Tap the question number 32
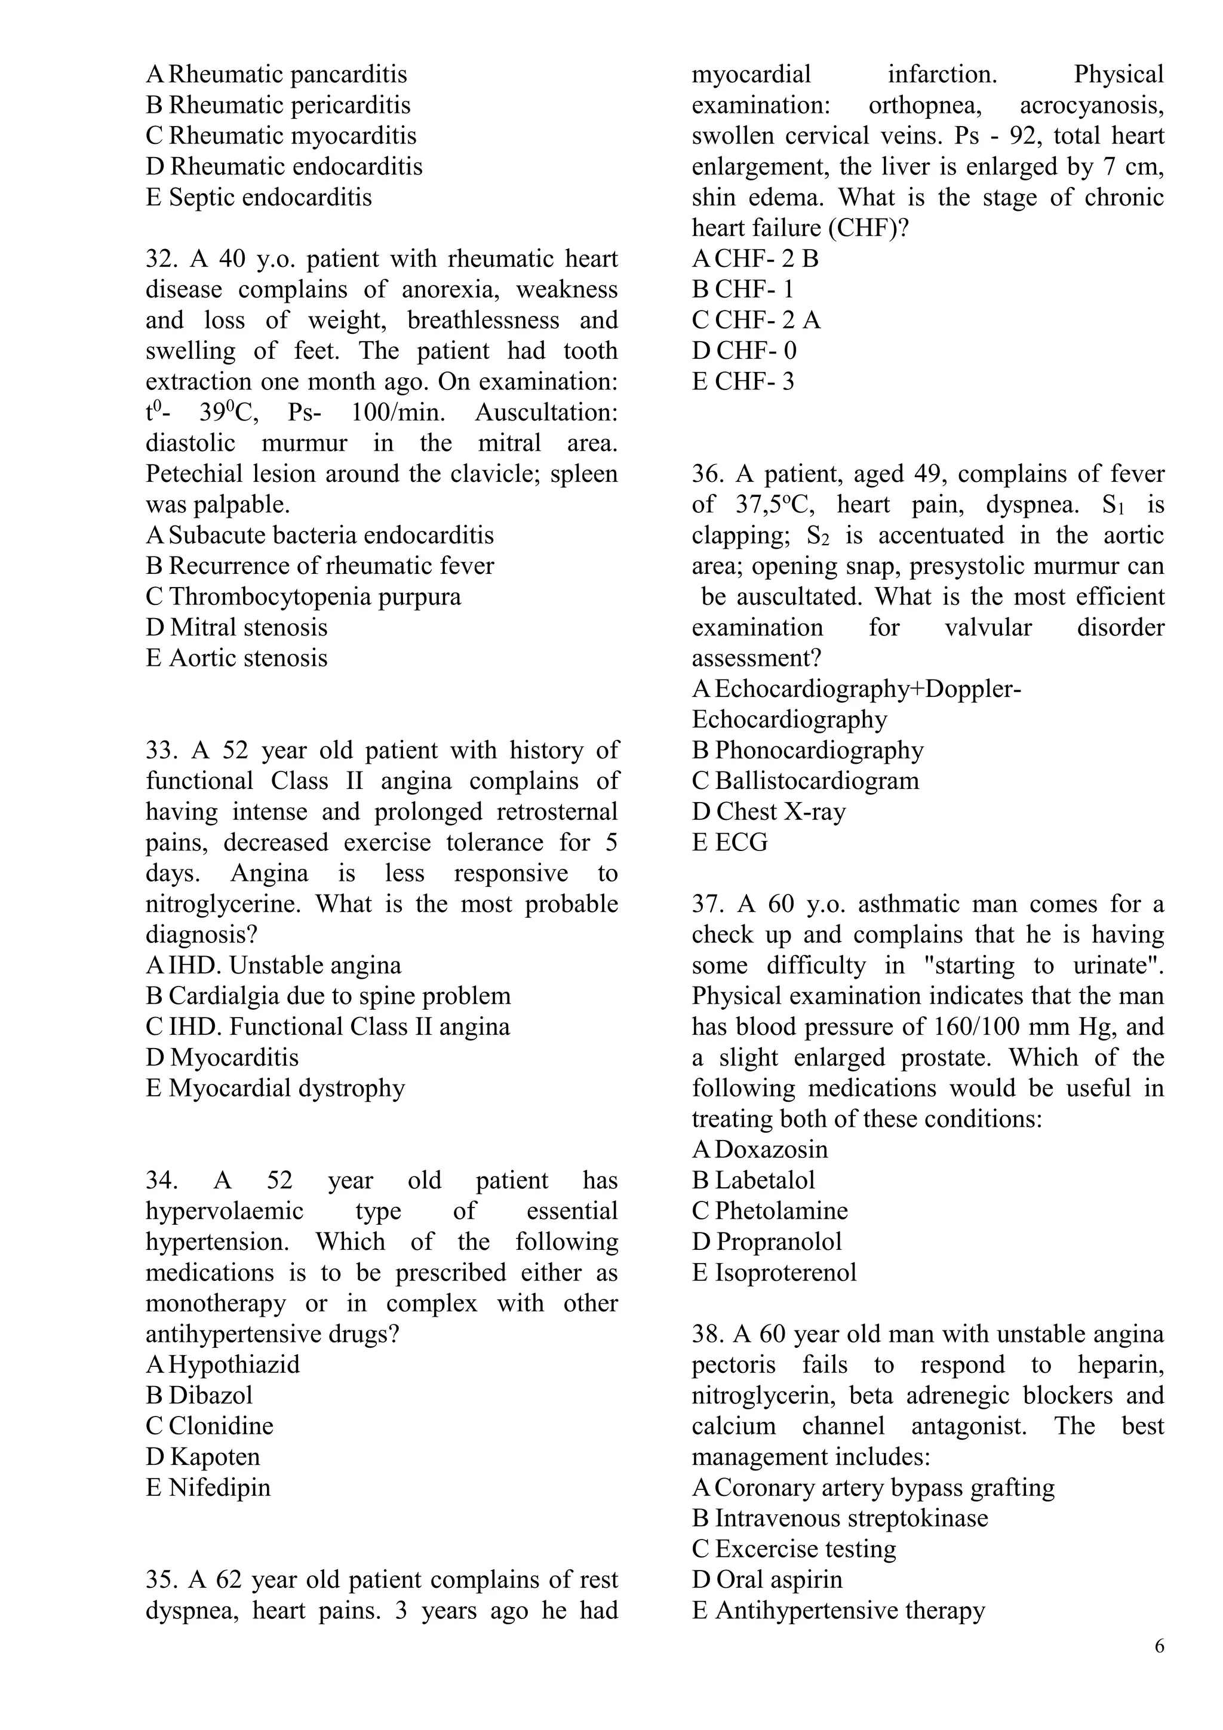(x=160, y=259)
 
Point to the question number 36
(x=707, y=475)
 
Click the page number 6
(x=1159, y=1646)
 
